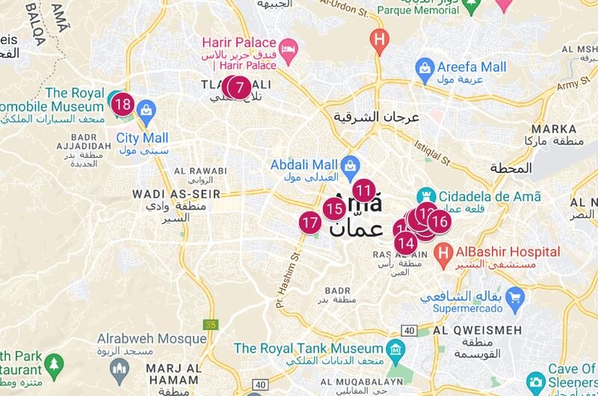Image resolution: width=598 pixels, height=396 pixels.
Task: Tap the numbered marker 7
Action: (x=239, y=88)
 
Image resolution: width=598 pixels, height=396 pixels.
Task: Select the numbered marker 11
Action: (x=365, y=191)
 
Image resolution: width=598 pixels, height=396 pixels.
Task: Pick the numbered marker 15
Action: (x=334, y=209)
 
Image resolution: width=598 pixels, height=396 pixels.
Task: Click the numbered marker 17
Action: (x=311, y=222)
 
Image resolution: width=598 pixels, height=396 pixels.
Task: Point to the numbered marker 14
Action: (x=406, y=243)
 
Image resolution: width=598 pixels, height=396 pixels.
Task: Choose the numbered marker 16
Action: (x=440, y=222)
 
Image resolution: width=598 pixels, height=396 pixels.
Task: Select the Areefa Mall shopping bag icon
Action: (x=425, y=67)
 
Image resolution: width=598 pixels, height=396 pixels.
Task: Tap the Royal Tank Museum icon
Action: (x=395, y=349)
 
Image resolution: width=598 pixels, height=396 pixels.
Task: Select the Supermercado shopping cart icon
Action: (x=514, y=297)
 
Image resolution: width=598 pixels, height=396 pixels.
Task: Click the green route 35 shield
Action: (x=211, y=325)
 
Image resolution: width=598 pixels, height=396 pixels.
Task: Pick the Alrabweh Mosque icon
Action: (x=119, y=368)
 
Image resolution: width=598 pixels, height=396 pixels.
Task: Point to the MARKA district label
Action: (x=555, y=129)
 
